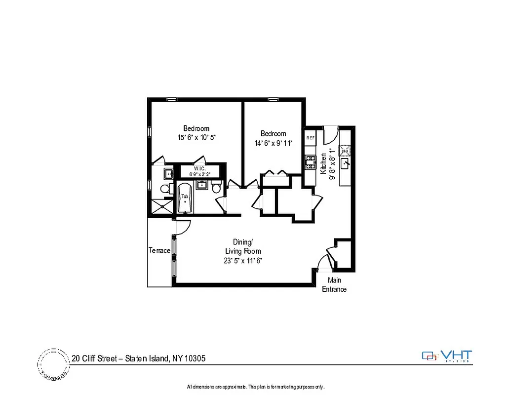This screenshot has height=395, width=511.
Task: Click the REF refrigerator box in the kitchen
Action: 311,138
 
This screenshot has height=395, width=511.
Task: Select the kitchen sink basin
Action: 347,161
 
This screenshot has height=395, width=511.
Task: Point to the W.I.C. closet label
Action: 200,168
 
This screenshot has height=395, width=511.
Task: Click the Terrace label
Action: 159,250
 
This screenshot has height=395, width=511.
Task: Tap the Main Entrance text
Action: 334,284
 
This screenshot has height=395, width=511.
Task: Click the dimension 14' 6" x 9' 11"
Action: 273,143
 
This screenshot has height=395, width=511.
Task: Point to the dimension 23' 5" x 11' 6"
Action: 242,260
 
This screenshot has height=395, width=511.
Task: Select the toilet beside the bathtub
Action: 216,188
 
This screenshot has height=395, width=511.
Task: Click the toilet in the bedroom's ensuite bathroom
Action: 164,189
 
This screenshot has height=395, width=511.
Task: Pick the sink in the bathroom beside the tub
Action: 201,186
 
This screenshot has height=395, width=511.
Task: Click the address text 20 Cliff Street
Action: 96,358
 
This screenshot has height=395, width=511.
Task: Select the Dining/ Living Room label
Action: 242,246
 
